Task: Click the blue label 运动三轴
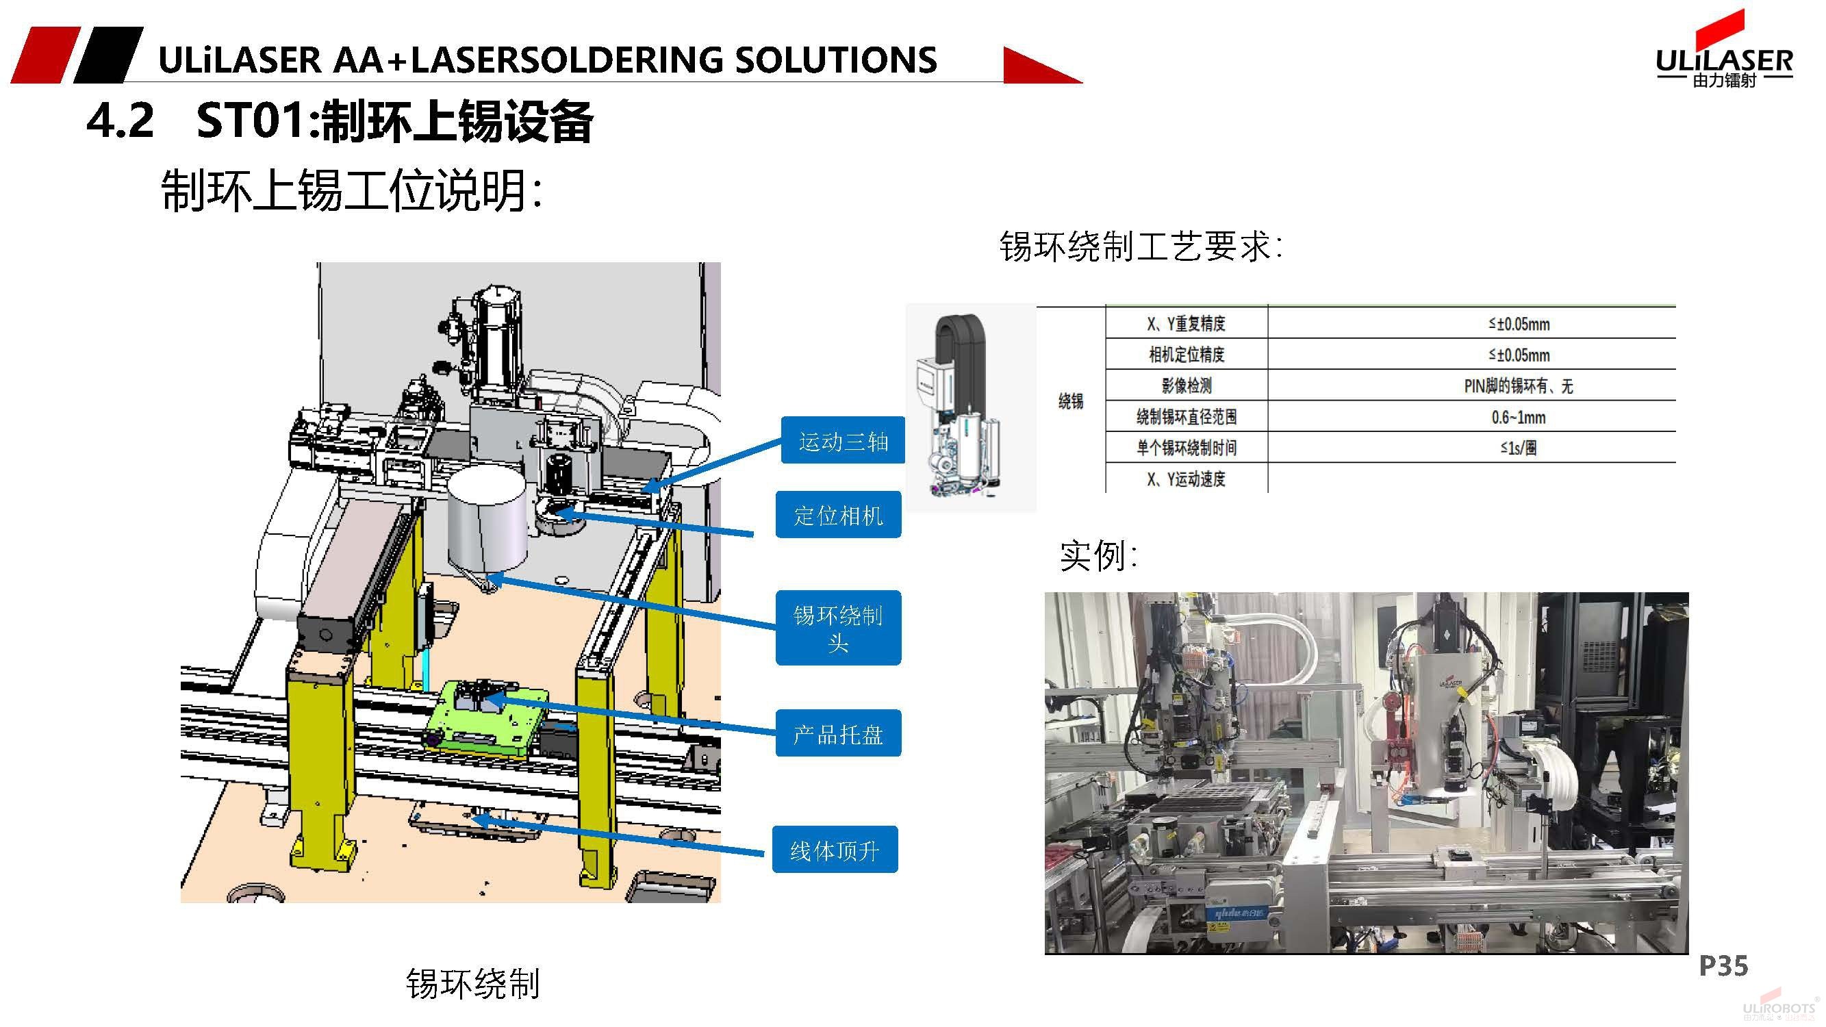[843, 441]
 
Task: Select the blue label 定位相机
[838, 516]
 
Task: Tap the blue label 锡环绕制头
[838, 628]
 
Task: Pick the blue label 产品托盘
[838, 733]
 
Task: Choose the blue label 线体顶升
[835, 849]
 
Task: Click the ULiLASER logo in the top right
[1724, 60]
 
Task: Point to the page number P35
[1723, 965]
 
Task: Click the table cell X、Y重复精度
[1186, 324]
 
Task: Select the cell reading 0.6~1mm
[1519, 417]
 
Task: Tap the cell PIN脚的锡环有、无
[1519, 386]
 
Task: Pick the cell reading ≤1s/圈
[1519, 448]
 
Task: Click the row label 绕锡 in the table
[1070, 401]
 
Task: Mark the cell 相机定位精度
[1186, 355]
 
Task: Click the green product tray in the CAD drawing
[486, 720]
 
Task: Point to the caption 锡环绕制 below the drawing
[473, 984]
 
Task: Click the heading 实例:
[1098, 556]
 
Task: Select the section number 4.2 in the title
[120, 121]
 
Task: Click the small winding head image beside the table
[969, 407]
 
